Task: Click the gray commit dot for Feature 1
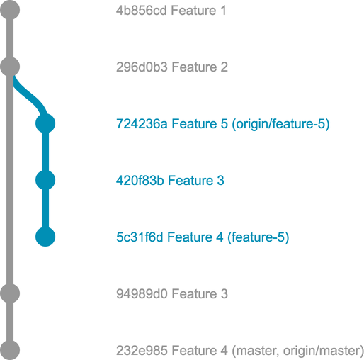tap(10, 10)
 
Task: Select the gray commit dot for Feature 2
tap(10, 67)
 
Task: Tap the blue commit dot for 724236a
tap(45, 123)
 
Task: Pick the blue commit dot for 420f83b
tap(45, 180)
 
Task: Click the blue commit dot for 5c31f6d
tap(45, 237)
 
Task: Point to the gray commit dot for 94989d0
tap(10, 293)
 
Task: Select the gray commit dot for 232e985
tap(10, 350)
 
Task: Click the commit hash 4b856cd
tap(142, 11)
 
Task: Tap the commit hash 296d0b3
tap(142, 67)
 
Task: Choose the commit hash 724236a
tap(142, 124)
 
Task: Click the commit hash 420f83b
tap(140, 181)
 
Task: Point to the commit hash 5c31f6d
tap(140, 237)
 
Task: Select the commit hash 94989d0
tap(142, 294)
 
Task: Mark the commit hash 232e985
tap(142, 351)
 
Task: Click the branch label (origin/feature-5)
tap(280, 124)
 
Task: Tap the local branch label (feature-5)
tap(258, 237)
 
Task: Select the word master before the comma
tap(256, 351)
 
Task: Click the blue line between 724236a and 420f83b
tap(45, 152)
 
